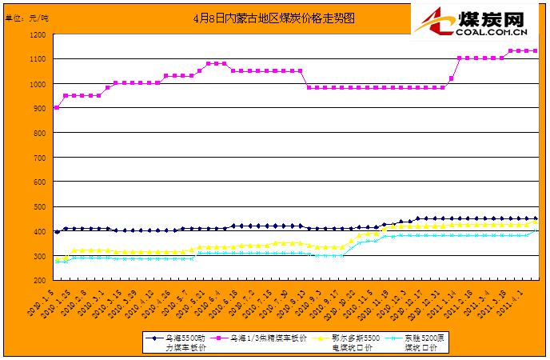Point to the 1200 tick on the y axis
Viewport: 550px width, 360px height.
click(38, 34)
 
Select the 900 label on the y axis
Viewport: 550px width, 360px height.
click(41, 108)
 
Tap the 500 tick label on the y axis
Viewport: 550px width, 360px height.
click(41, 206)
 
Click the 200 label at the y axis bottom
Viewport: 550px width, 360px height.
click(41, 281)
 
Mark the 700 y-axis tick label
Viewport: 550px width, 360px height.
click(41, 158)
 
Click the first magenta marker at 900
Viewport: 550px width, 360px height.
click(56, 107)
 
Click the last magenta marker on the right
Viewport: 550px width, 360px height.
click(535, 50)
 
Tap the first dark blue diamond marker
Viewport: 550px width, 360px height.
click(56, 231)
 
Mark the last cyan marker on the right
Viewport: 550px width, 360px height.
click(535, 230)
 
